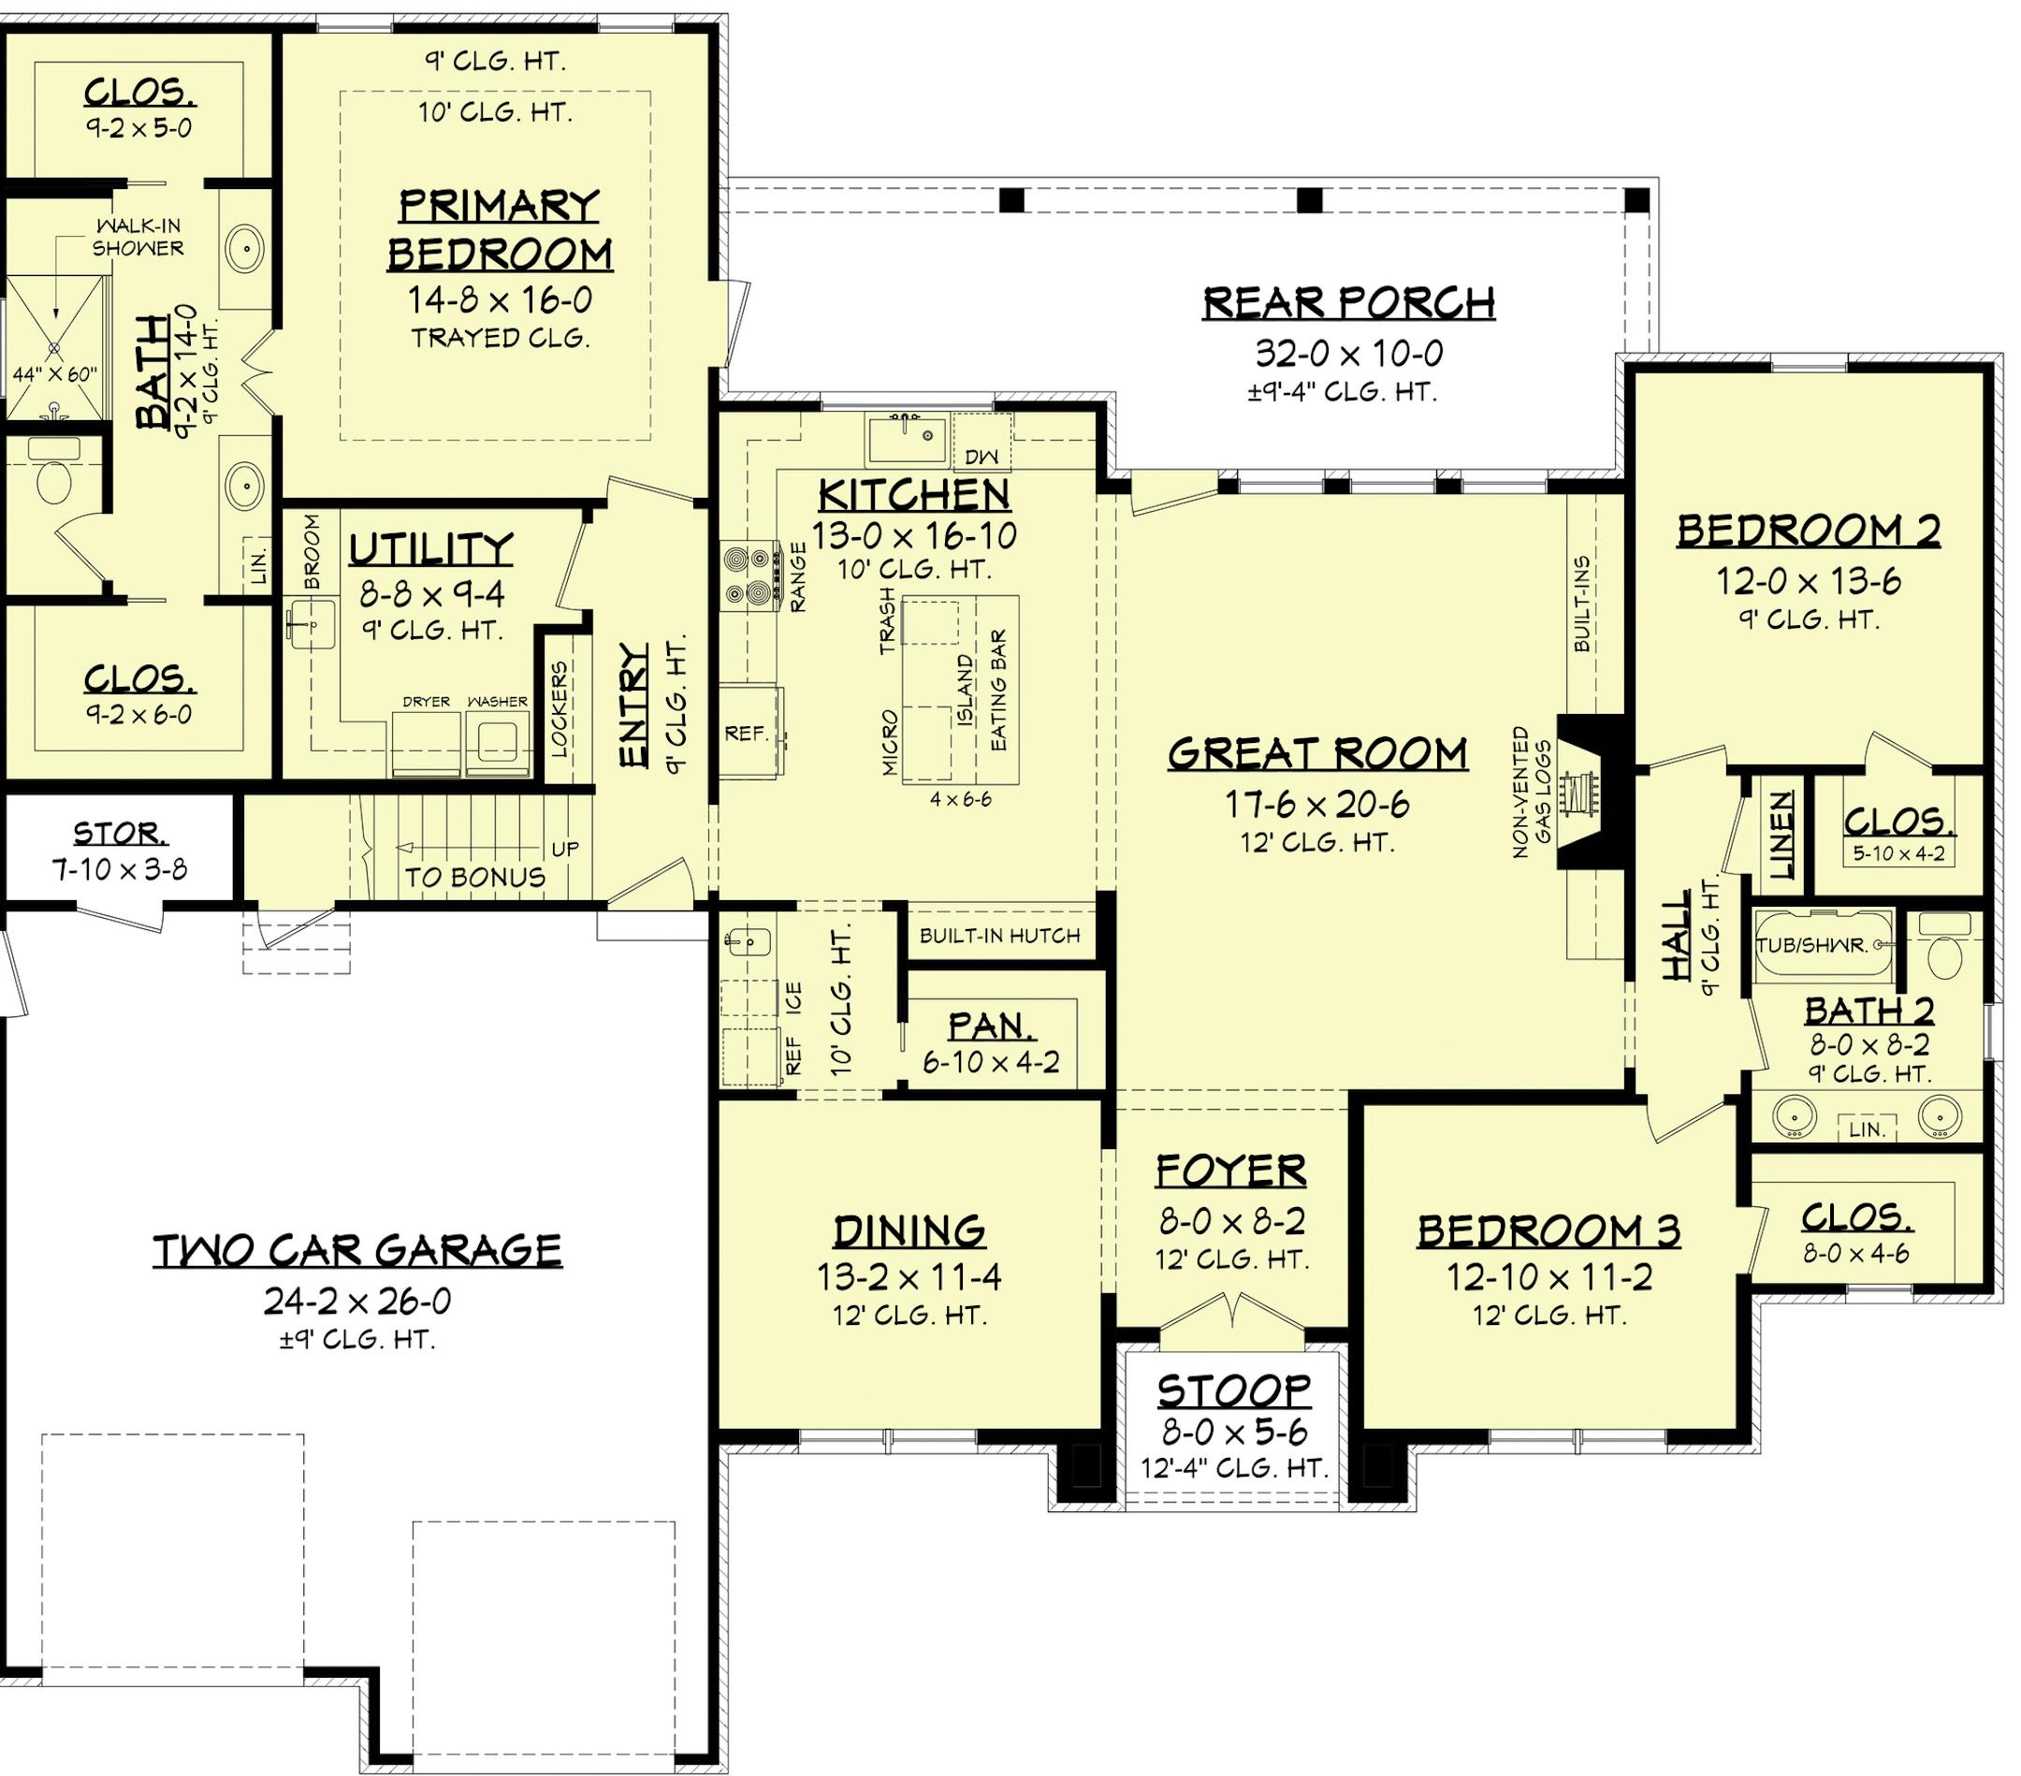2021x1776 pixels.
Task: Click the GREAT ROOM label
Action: click(x=1318, y=754)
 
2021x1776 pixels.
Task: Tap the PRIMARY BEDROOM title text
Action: click(x=500, y=230)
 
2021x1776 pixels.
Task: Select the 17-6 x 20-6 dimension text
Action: click(x=1318, y=805)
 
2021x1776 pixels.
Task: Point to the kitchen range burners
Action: click(x=748, y=575)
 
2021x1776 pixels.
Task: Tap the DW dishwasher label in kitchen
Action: click(x=981, y=456)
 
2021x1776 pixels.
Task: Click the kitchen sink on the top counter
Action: click(x=907, y=438)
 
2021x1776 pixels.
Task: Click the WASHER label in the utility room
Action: click(x=498, y=701)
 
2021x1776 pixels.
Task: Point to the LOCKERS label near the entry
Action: click(x=560, y=709)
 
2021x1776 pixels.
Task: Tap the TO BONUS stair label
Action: click(x=474, y=877)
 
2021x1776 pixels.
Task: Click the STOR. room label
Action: click(x=120, y=834)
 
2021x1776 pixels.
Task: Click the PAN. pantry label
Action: click(x=992, y=1026)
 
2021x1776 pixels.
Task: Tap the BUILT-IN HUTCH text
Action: click(x=999, y=936)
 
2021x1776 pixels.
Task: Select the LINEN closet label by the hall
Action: click(x=1781, y=835)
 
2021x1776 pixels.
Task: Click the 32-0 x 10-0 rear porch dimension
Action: click(x=1349, y=352)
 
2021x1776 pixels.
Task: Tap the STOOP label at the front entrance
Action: click(x=1234, y=1391)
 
